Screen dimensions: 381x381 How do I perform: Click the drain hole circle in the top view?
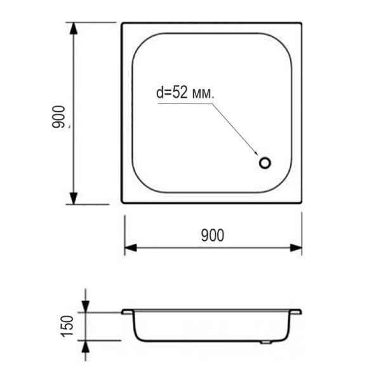point(265,162)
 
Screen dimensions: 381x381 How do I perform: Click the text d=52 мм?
point(185,93)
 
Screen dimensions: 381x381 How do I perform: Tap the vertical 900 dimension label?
point(59,117)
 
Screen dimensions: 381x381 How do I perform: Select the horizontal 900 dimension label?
point(212,236)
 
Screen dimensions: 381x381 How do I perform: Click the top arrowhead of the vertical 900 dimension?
point(74,29)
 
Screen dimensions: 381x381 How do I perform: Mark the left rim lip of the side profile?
point(127,312)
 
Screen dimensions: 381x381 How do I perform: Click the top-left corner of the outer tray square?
point(123,23)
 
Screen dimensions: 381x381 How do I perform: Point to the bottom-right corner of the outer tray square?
point(301,203)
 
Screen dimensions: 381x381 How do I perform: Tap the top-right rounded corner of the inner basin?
point(283,43)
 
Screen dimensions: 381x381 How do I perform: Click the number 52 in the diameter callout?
point(178,93)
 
